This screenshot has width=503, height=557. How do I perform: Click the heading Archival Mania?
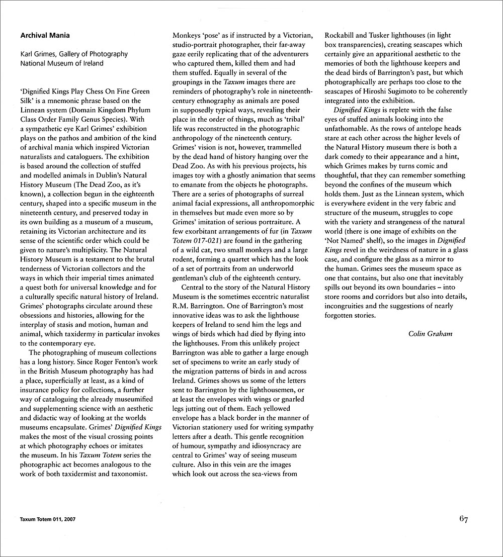coord(45,36)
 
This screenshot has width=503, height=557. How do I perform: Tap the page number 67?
coord(463,520)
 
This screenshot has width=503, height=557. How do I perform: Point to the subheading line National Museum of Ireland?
coord(62,63)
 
